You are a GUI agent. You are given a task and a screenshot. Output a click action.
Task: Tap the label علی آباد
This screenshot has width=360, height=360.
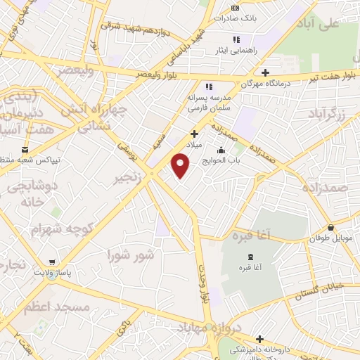click(339, 25)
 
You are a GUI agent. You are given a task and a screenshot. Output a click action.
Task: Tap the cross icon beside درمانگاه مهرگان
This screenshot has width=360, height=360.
click(265, 72)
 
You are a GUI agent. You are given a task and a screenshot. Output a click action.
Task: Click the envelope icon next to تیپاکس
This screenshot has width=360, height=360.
click(26, 150)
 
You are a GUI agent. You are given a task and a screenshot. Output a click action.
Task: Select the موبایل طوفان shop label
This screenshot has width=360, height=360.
click(333, 238)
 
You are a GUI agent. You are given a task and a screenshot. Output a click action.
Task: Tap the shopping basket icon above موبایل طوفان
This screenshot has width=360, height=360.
click(331, 227)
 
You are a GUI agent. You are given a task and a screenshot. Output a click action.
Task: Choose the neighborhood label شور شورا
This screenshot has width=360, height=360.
click(131, 255)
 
